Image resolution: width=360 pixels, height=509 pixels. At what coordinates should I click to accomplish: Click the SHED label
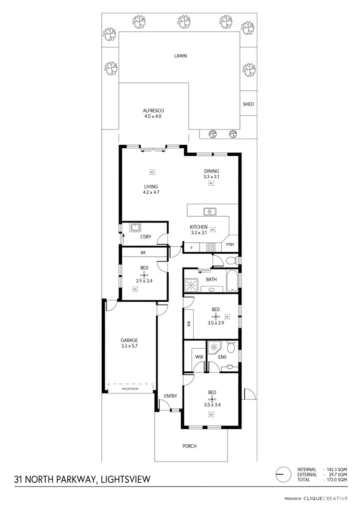[248, 104]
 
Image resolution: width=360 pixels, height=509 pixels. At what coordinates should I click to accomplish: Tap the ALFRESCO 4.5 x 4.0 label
[153, 113]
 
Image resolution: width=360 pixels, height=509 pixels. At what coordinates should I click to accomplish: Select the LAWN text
[180, 56]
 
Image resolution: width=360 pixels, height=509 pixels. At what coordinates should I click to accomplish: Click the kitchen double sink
[210, 211]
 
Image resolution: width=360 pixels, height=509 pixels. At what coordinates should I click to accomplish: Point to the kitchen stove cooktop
[210, 247]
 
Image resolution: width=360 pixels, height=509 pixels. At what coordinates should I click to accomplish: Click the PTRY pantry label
[231, 245]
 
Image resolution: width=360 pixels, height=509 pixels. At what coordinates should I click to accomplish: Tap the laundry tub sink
[135, 227]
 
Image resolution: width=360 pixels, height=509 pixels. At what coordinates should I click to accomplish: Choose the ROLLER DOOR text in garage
[130, 389]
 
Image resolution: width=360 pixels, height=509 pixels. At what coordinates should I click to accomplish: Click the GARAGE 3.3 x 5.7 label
[129, 343]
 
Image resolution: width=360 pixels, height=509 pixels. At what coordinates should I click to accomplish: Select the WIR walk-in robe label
[199, 357]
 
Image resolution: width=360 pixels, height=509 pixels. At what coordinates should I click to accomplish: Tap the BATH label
[211, 279]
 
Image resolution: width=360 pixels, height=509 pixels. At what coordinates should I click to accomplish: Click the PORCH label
[190, 446]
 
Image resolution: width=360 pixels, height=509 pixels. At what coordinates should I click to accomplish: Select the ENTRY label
[170, 396]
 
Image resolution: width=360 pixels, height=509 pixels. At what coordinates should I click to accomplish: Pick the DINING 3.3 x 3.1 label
[211, 174]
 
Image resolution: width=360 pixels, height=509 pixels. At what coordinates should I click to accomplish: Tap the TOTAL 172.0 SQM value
[336, 480]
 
